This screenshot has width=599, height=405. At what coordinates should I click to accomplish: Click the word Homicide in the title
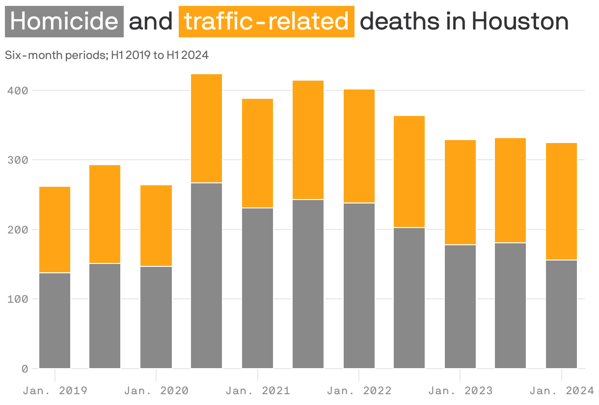(x=64, y=22)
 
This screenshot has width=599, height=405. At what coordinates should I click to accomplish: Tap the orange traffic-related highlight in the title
(x=266, y=22)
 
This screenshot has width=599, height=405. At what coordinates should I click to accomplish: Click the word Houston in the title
(x=520, y=22)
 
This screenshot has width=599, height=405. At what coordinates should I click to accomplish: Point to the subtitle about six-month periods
(x=107, y=56)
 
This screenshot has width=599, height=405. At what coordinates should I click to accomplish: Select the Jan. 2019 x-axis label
(x=55, y=391)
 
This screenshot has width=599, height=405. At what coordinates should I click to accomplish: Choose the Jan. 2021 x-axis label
(x=258, y=391)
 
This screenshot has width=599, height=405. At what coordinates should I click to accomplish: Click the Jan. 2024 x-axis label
(x=562, y=391)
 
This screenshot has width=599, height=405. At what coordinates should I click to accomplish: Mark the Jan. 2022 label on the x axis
(x=359, y=391)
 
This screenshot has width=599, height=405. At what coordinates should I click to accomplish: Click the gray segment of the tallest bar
(x=206, y=275)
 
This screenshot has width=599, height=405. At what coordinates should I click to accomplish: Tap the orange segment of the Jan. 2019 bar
(x=54, y=230)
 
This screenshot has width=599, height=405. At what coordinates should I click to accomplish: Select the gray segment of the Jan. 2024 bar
(x=561, y=315)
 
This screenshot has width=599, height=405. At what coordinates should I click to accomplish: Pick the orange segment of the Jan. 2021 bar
(x=257, y=153)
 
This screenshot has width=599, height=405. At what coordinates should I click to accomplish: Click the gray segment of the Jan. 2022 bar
(x=359, y=286)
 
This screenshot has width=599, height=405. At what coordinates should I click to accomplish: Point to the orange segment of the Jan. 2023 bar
(x=460, y=192)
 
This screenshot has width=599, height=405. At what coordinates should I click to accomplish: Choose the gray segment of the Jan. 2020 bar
(x=156, y=318)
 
